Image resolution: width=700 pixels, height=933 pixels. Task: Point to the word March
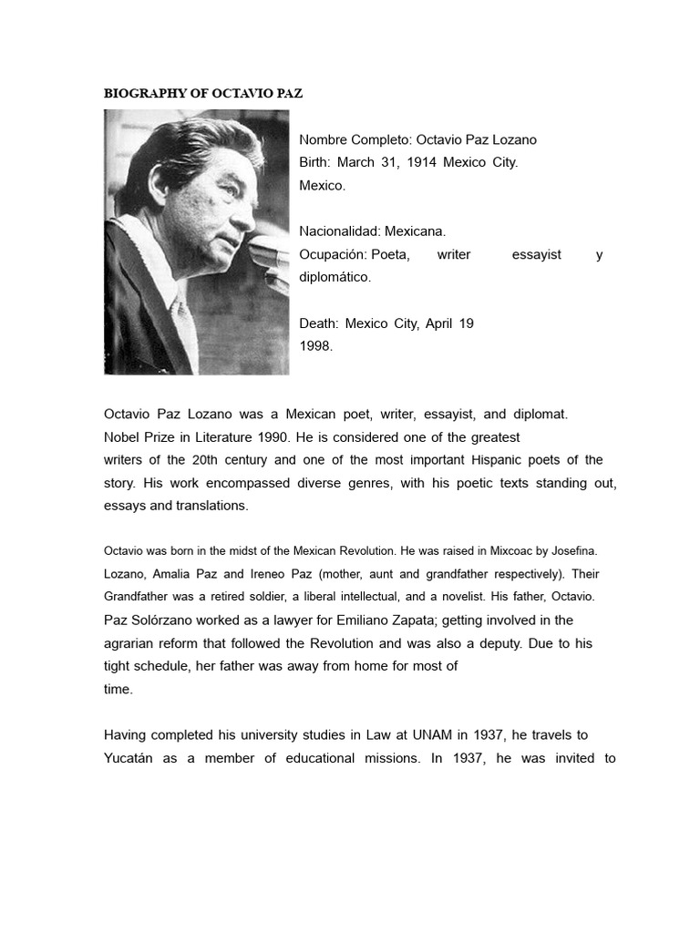pos(358,162)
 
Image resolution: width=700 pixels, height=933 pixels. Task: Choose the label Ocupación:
pos(333,254)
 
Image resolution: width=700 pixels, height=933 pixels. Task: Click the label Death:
pos(319,323)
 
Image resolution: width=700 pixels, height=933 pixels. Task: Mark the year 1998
pos(315,345)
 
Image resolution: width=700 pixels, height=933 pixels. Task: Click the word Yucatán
pos(129,758)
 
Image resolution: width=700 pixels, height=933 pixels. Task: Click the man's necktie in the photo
pos(185,328)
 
